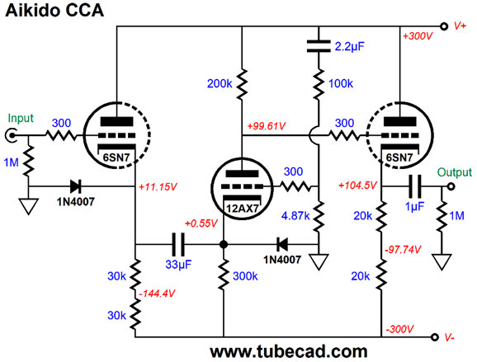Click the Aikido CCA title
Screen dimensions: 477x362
(54, 11)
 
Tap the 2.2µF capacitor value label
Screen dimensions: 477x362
(349, 46)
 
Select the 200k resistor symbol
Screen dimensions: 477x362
(242, 84)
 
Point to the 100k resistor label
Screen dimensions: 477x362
(341, 83)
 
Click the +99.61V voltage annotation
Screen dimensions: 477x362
(267, 126)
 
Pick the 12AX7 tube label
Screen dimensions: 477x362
(243, 208)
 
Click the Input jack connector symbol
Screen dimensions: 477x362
(11, 135)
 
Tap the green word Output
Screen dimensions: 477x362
(455, 172)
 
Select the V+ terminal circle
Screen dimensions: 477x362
(444, 26)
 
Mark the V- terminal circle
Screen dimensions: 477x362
(435, 337)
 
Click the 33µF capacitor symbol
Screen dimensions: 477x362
(178, 244)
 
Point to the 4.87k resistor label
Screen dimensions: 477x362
(295, 216)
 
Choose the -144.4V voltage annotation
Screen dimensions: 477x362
(157, 294)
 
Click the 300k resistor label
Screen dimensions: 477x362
(245, 276)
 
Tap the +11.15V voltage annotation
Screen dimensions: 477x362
(158, 187)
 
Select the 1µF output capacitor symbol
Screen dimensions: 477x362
(415, 186)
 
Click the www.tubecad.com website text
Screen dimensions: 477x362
(288, 351)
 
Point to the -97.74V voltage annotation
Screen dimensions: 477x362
(403, 250)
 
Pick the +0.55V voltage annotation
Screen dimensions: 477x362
(201, 223)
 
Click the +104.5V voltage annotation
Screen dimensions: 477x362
(357, 185)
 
